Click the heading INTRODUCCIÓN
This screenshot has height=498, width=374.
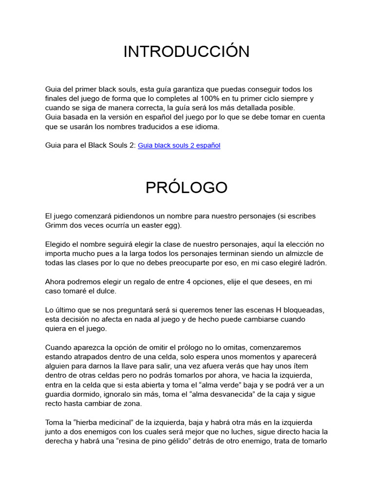pos(187,52)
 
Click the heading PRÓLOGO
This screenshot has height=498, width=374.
pos(187,187)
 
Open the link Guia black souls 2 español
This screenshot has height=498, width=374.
pos(179,145)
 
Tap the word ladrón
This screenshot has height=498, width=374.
pos(314,263)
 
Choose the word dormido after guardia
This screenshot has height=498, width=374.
pos(93,394)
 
